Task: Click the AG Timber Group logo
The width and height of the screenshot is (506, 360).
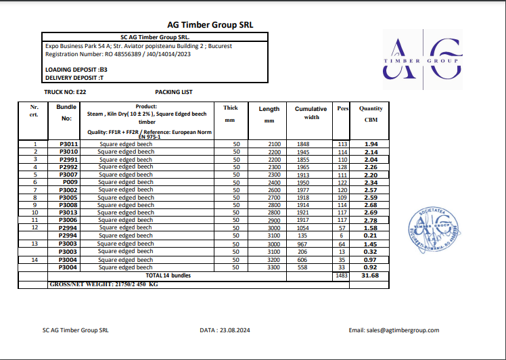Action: click(x=423, y=61)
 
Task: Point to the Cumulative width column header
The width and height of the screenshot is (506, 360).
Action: click(x=310, y=113)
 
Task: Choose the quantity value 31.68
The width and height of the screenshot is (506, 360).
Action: click(x=370, y=275)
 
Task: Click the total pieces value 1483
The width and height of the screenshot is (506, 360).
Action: click(x=342, y=275)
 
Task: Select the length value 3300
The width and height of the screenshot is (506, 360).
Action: click(x=274, y=268)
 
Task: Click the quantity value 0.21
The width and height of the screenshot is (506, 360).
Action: click(x=370, y=235)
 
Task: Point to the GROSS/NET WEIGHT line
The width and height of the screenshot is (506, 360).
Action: click(x=104, y=284)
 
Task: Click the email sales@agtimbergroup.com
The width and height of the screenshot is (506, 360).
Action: click(x=394, y=330)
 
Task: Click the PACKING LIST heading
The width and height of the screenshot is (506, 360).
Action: click(x=174, y=91)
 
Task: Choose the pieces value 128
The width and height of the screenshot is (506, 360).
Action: click(x=342, y=167)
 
